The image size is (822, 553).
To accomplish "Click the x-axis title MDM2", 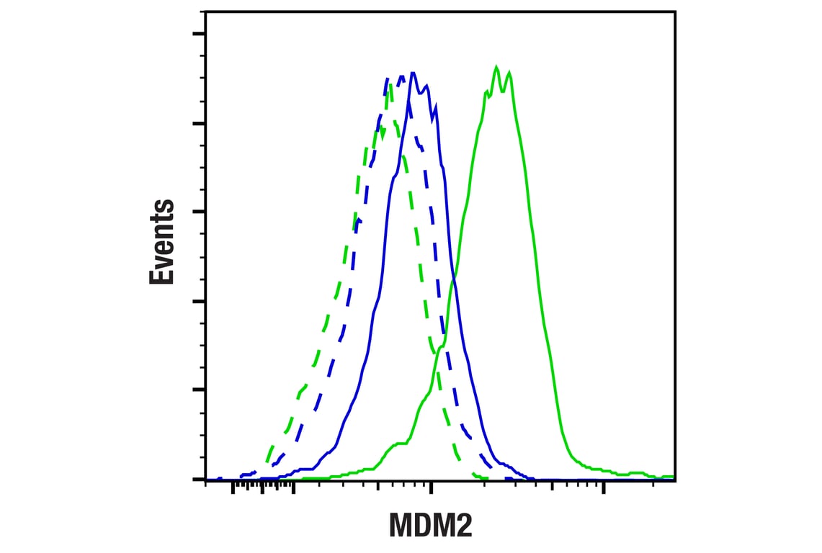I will coord(431,526).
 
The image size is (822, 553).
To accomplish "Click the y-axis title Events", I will coord(162,243).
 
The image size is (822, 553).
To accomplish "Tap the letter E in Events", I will coord(162,274).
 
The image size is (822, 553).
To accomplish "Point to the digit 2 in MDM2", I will coord(463,526).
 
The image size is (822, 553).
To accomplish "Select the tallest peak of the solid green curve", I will coord(496,67).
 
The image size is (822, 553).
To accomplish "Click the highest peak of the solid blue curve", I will coord(412,73).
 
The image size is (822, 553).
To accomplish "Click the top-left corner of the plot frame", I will coord(206,12).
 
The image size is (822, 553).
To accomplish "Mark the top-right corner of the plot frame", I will coord(675,12).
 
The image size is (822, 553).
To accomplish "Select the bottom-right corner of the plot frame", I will coord(675,480).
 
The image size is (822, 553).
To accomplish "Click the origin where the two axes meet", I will coord(206,480).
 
